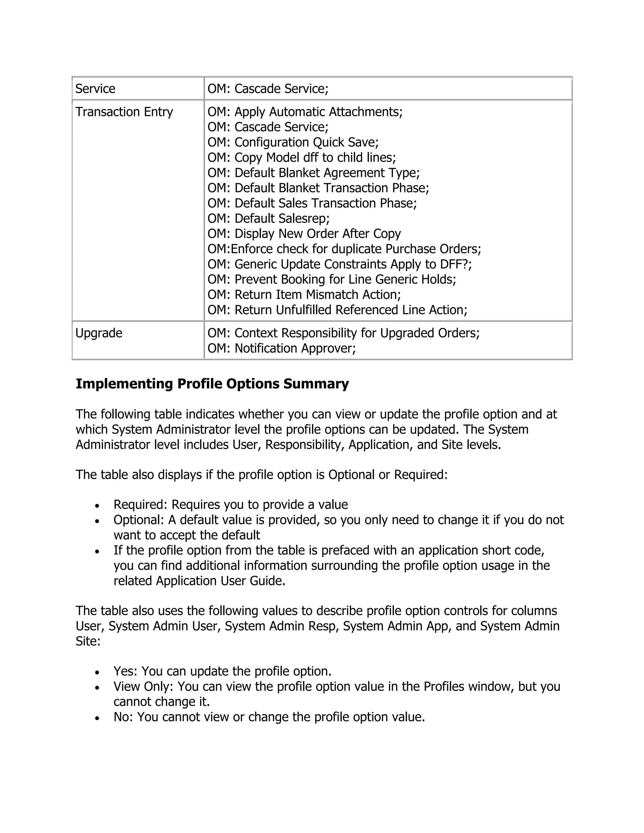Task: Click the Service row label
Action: tap(95, 89)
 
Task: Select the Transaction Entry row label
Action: tap(124, 112)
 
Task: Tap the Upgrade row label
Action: tap(99, 333)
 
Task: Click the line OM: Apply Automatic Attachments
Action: tap(305, 112)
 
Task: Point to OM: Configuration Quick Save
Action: tap(293, 142)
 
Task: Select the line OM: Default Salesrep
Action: tap(268, 218)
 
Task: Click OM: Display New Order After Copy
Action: tap(304, 234)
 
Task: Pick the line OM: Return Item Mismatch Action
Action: tap(304, 295)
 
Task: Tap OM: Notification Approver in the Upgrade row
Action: tap(281, 348)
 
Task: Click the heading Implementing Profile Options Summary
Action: tap(212, 384)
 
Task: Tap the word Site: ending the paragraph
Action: tap(88, 641)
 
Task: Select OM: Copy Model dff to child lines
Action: tap(301, 157)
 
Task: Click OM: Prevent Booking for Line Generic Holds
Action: tap(331, 279)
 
